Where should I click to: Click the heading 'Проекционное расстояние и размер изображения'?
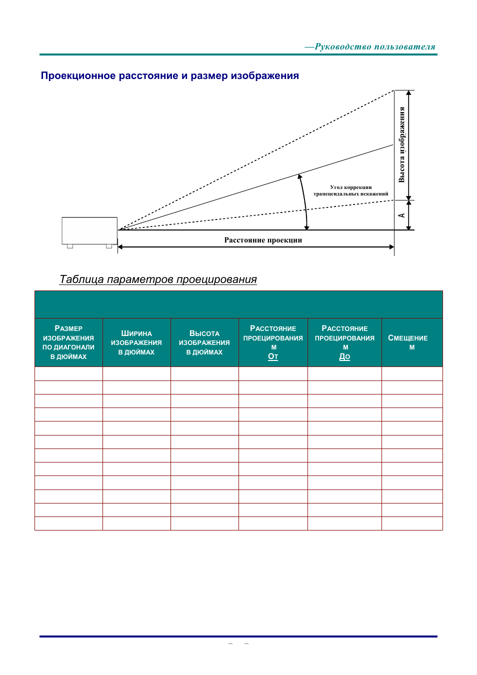[x=169, y=76]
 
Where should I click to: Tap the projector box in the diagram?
[x=89, y=230]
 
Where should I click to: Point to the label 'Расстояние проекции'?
[x=263, y=240]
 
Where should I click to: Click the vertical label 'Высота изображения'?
[x=402, y=144]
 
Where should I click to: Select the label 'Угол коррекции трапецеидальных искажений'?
[x=350, y=190]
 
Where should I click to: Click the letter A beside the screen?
[x=401, y=215]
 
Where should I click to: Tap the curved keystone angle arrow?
[x=304, y=200]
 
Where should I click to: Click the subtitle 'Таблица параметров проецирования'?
[x=158, y=279]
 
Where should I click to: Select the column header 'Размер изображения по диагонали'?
[x=68, y=342]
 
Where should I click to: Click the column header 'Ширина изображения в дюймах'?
[x=136, y=342]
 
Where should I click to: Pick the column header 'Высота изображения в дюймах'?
[x=204, y=342]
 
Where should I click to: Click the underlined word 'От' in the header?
[x=273, y=356]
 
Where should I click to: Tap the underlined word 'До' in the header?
[x=344, y=356]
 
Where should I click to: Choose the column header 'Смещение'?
[x=408, y=342]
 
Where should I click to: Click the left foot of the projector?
[x=70, y=246]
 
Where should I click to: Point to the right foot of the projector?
[x=109, y=246]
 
